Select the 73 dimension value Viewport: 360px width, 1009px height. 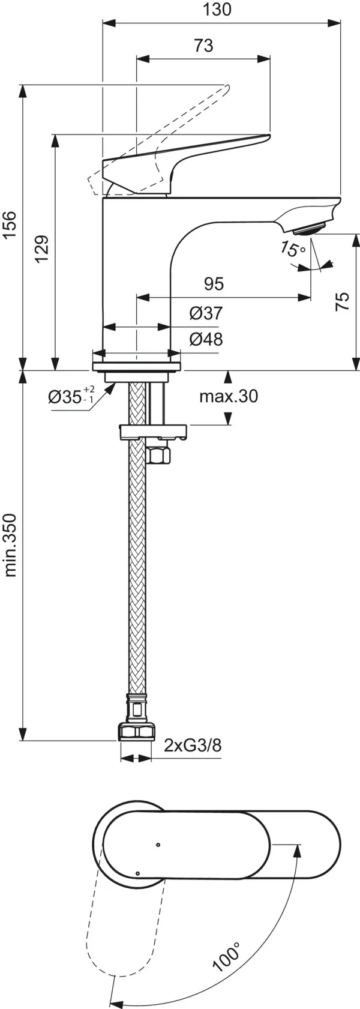click(x=203, y=46)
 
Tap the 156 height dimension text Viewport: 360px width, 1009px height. click(x=10, y=225)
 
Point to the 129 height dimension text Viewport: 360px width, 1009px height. click(x=41, y=248)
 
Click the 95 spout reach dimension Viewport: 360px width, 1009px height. click(x=214, y=284)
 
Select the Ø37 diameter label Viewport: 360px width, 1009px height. click(x=206, y=313)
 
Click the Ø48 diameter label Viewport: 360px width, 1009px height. click(x=206, y=339)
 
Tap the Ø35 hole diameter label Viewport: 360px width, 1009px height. click(x=71, y=396)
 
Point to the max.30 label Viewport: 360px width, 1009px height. click(x=229, y=396)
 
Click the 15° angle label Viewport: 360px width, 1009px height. click(x=293, y=247)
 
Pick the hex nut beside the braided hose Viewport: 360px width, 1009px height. click(x=158, y=455)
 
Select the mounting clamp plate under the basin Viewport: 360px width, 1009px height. click(x=154, y=432)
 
